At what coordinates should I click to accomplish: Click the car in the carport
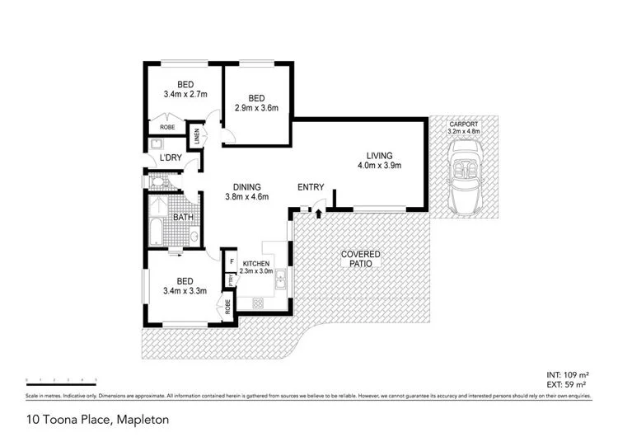coord(463,179)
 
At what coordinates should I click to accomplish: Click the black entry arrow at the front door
coord(318,214)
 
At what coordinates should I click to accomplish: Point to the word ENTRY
coord(311,187)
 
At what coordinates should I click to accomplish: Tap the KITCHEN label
coord(256,264)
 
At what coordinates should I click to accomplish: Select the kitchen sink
coord(281,284)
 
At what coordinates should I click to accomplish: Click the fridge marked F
coord(232,261)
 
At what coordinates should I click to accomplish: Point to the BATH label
coord(181,217)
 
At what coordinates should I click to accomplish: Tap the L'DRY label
coord(171,157)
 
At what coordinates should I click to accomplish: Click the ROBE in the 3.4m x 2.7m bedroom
coord(167,128)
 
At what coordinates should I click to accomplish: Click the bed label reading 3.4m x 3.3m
coord(185,285)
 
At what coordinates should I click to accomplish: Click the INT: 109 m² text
coord(569,375)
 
